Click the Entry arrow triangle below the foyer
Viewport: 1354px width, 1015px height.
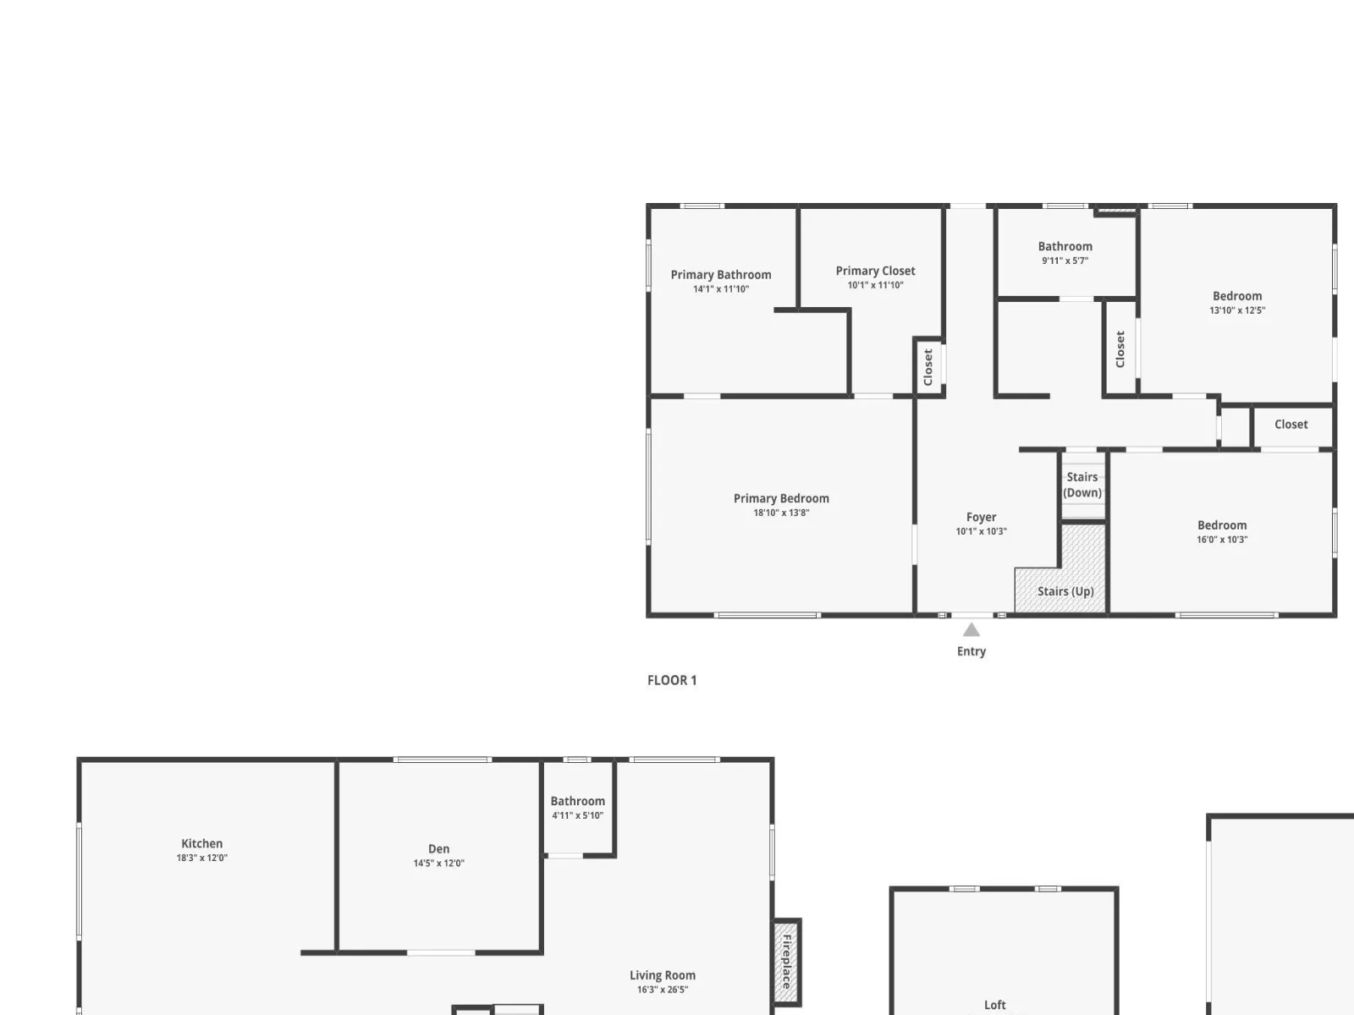971,629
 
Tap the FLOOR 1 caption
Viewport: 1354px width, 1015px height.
672,680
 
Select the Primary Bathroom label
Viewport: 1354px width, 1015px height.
720,275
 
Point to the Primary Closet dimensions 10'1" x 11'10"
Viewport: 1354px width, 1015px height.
875,285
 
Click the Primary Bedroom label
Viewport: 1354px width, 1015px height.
781,498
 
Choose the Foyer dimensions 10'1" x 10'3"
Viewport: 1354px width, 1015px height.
981,531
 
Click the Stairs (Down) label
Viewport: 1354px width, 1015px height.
1082,485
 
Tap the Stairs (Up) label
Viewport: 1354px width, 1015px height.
1065,591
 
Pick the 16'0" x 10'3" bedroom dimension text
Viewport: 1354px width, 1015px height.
1222,540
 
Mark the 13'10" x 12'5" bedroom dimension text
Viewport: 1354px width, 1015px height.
1237,310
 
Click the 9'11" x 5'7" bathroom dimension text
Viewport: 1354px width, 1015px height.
1065,260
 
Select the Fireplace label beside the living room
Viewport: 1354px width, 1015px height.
787,962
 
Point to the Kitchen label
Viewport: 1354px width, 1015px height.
201,843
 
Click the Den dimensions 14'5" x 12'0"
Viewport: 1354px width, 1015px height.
438,863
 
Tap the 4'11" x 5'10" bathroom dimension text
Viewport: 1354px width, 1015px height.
577,815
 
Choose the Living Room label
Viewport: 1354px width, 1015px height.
663,975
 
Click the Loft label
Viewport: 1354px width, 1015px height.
995,1005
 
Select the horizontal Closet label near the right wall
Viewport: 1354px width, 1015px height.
1291,424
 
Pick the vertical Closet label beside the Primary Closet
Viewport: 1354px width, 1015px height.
927,367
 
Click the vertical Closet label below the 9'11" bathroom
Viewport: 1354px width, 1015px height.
1120,348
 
